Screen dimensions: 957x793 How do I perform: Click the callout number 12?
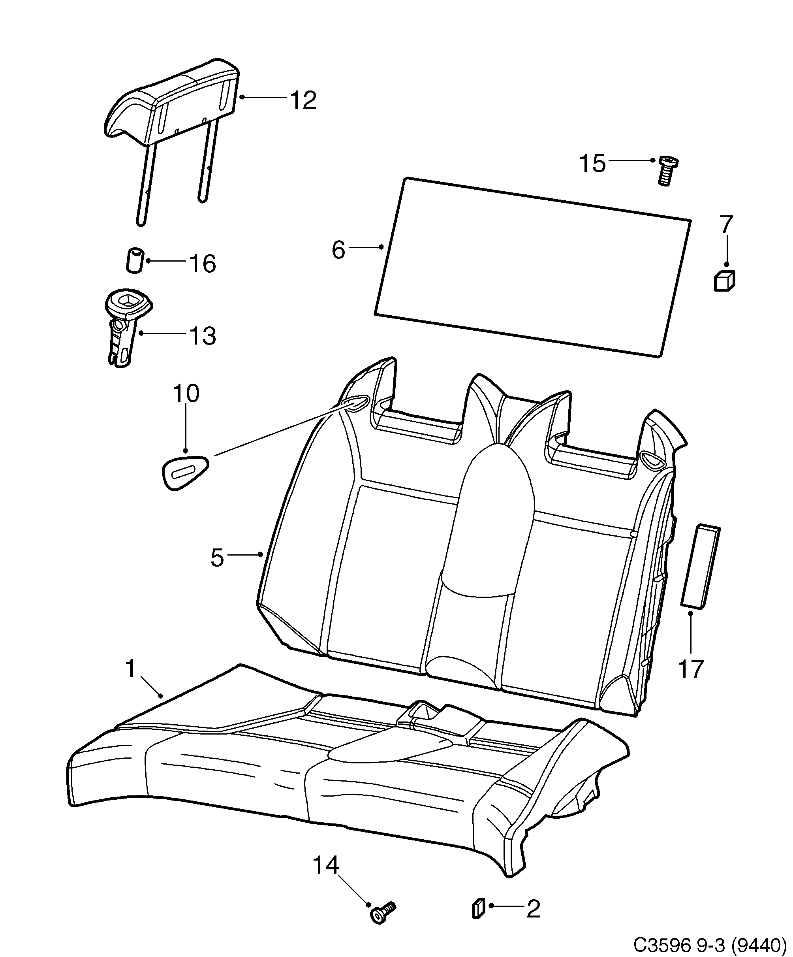point(303,100)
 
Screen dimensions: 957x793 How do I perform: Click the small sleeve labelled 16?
point(134,260)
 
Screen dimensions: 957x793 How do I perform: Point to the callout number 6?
point(338,250)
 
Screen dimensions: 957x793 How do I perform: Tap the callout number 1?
point(131,669)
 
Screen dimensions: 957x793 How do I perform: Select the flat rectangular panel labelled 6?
point(533,267)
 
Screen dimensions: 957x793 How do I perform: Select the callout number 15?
point(592,163)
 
